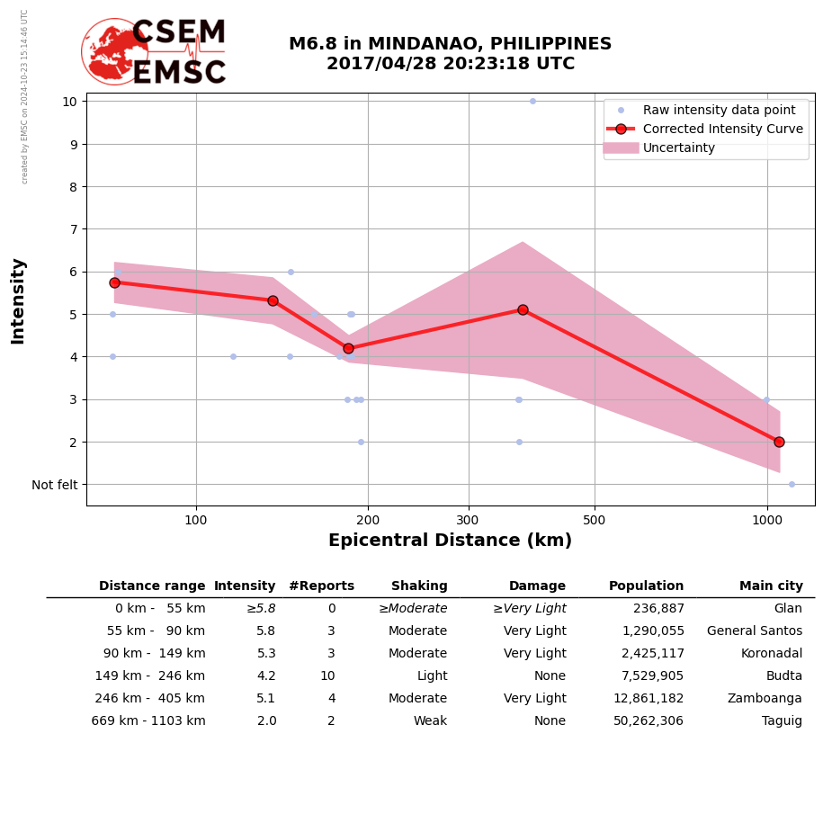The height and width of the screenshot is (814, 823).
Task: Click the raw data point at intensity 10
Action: [532, 102]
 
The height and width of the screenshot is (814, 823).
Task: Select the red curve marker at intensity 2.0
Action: [779, 442]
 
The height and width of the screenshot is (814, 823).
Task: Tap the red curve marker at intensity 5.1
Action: [523, 309]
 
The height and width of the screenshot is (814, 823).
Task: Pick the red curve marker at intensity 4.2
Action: [348, 348]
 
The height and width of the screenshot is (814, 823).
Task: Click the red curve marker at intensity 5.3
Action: [273, 300]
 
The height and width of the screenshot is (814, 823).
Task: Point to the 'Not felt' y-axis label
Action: [55, 485]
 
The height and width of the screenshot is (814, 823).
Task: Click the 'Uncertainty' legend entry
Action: [678, 148]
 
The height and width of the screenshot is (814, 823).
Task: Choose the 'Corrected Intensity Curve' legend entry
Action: [722, 130]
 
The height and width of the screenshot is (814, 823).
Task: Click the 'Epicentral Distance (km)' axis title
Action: [450, 541]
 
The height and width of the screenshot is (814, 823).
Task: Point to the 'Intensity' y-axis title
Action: [18, 300]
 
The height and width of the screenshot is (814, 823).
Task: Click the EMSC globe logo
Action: [114, 51]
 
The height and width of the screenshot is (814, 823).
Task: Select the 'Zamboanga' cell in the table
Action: [765, 699]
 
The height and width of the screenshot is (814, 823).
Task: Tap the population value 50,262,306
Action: [646, 721]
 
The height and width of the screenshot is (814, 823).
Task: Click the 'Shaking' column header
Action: [419, 586]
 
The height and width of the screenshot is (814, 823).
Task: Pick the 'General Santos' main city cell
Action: [755, 631]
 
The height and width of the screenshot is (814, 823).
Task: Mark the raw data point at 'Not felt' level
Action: [792, 484]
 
